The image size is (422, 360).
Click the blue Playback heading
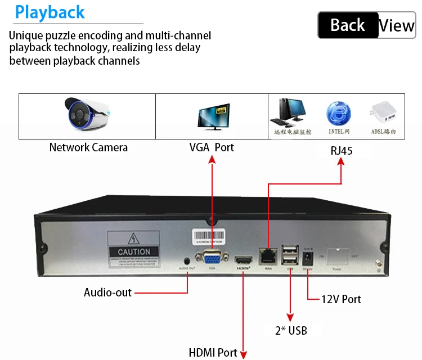(x=50, y=12)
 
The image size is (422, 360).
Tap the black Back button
(x=347, y=25)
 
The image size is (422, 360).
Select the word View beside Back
(x=397, y=25)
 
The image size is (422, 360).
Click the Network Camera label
(x=88, y=148)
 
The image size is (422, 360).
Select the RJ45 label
(x=342, y=151)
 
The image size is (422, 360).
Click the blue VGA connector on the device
(x=212, y=259)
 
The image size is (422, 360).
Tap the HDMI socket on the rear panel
(x=244, y=261)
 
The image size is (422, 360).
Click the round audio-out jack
(x=187, y=260)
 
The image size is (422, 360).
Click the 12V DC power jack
(x=308, y=258)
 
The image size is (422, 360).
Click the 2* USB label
(x=291, y=331)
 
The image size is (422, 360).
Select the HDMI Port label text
(x=213, y=353)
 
